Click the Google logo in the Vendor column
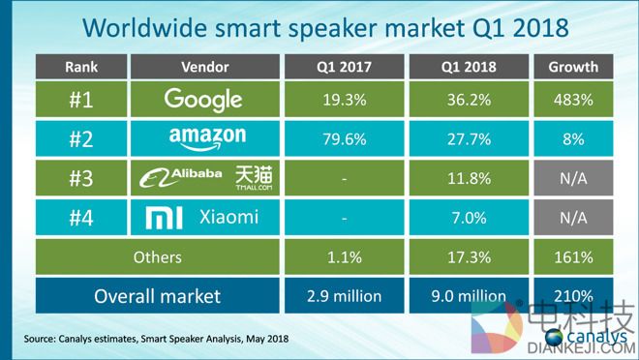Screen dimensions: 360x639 [204, 99]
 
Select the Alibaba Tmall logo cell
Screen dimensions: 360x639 [204, 177]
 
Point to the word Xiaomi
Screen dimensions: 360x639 [230, 217]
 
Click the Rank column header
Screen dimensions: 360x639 [80, 68]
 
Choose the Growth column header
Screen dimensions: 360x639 [572, 68]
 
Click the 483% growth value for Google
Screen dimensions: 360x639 [572, 100]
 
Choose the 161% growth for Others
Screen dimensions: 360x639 [572, 256]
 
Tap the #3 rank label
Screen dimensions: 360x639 [80, 178]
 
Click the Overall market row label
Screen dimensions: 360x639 [156, 295]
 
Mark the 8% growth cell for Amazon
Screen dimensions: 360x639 [572, 139]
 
